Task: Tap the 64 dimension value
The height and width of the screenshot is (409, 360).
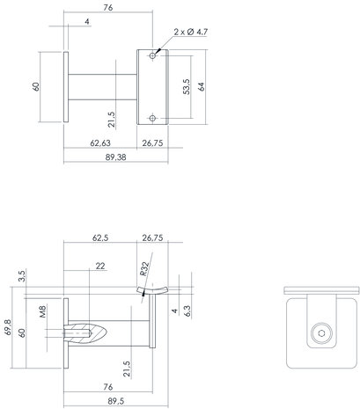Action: pyautogui.click(x=201, y=86)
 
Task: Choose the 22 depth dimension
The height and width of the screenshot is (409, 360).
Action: pyautogui.click(x=102, y=265)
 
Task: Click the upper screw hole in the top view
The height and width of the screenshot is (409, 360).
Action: pyautogui.click(x=154, y=55)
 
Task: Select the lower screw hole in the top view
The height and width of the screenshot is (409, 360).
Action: pyautogui.click(x=154, y=116)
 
